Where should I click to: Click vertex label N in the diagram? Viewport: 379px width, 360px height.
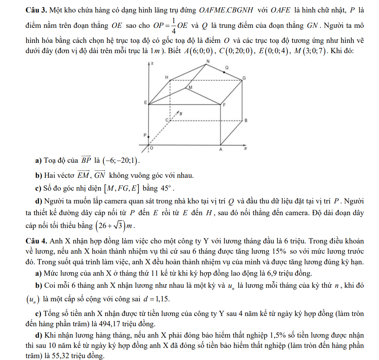208,61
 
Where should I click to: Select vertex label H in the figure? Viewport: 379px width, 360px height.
167,77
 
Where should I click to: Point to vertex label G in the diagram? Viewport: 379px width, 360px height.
244,78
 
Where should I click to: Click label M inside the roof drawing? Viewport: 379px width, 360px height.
190,88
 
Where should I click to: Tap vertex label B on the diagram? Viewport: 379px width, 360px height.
246,120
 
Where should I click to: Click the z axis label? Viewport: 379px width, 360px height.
152,64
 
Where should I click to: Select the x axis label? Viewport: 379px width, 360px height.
246,148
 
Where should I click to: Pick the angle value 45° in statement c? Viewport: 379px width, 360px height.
163,189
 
